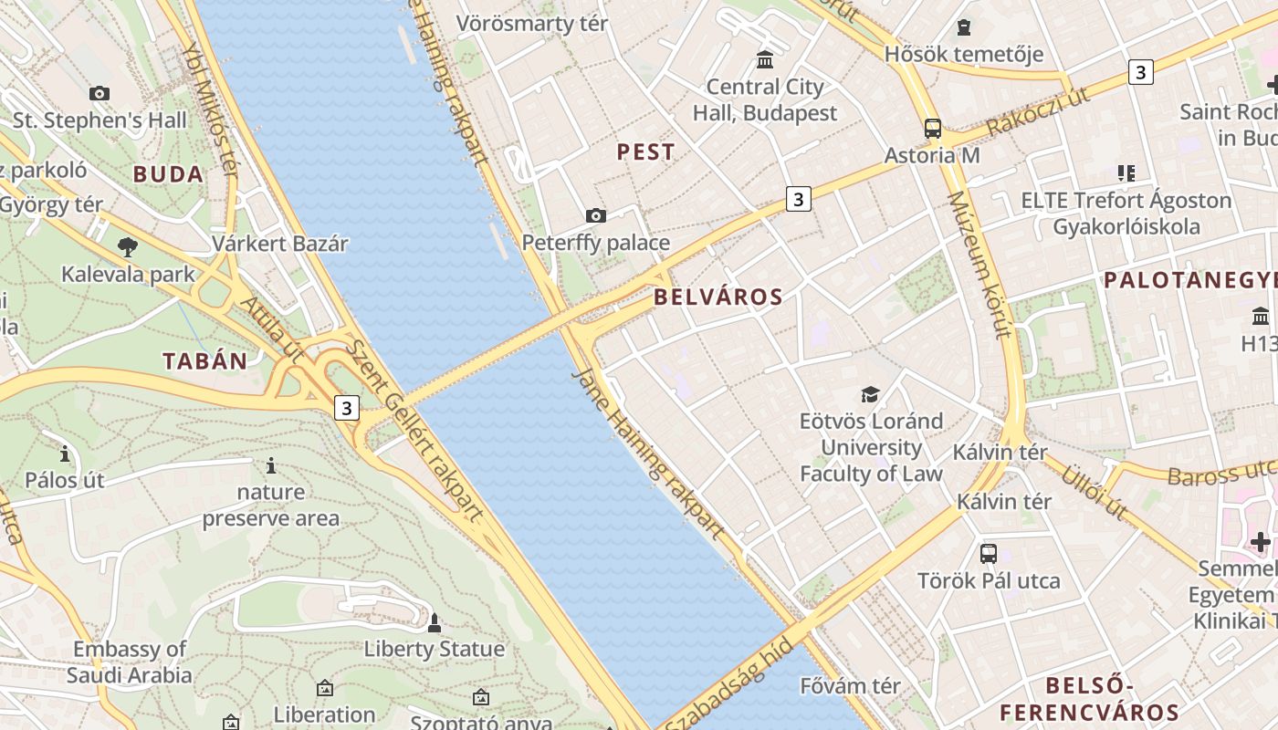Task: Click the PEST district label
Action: [645, 151]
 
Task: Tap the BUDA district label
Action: [168, 174]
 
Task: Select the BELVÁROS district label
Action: [718, 297]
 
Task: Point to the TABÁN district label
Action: [205, 361]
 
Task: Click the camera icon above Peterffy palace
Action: [596, 216]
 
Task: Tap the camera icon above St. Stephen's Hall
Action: [100, 93]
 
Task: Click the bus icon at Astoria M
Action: [932, 129]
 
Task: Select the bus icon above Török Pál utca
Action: [989, 553]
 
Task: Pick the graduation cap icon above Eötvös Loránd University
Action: [871, 394]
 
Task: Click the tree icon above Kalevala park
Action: [128, 246]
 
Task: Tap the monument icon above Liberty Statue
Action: [435, 623]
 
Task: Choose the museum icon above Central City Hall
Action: [765, 60]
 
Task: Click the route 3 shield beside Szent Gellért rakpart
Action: [346, 408]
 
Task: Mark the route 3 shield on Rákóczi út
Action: [1140, 71]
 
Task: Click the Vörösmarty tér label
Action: [531, 24]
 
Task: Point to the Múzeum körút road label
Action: [979, 265]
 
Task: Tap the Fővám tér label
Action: [850, 685]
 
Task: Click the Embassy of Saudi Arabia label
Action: [130, 662]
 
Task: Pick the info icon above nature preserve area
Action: [271, 466]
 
